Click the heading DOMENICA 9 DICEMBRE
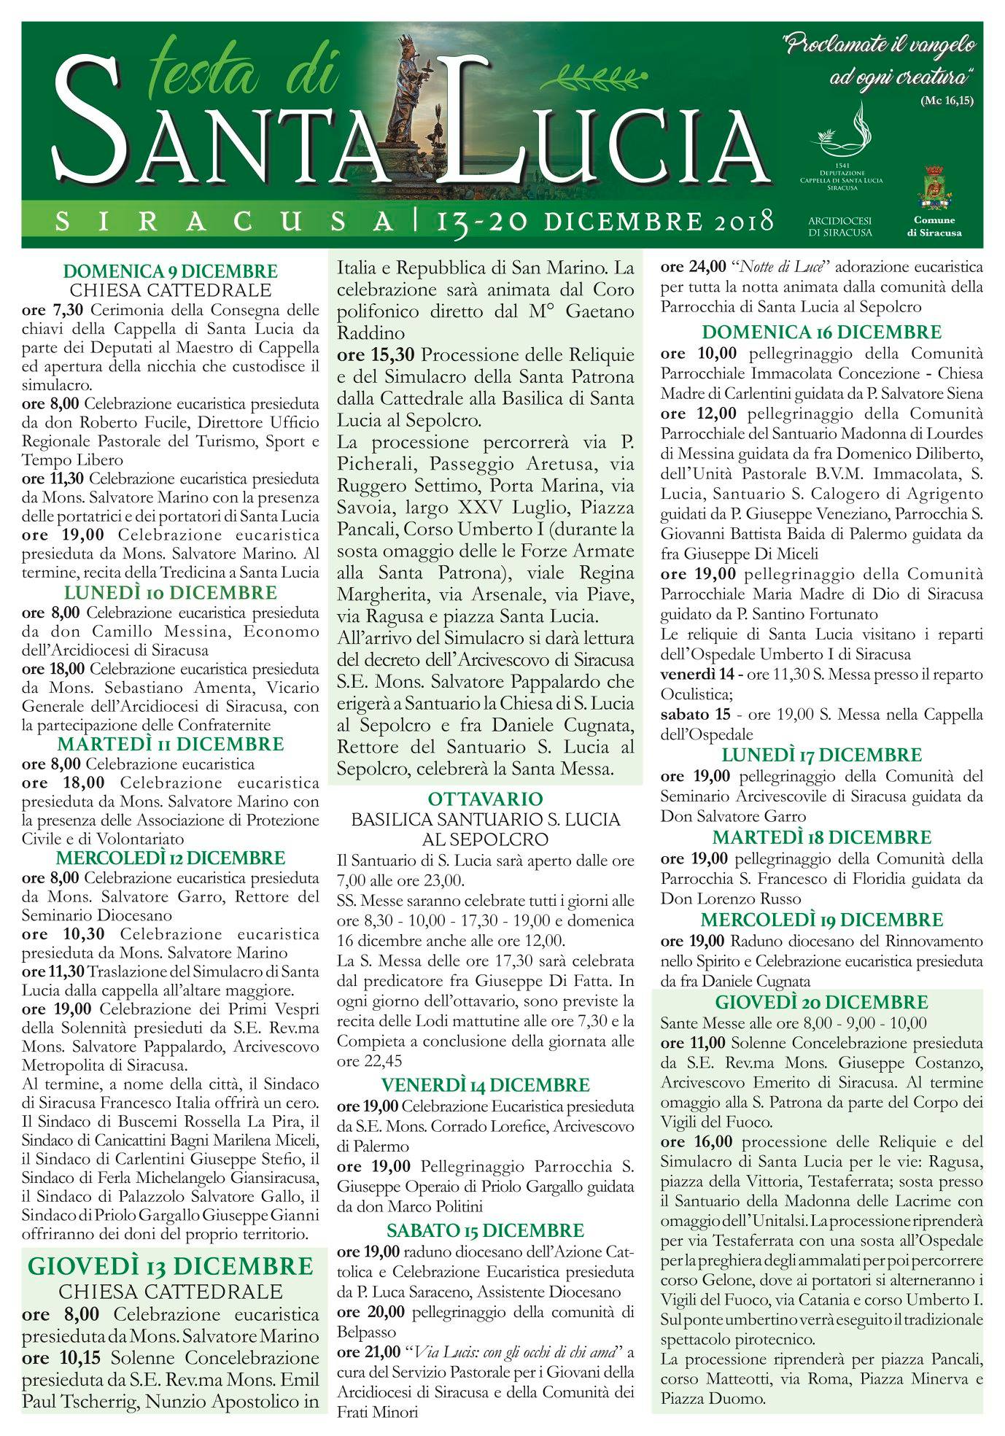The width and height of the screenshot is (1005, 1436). click(x=170, y=271)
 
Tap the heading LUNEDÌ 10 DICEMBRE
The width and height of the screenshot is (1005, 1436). click(x=170, y=591)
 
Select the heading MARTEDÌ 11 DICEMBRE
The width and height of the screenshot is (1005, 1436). click(x=170, y=745)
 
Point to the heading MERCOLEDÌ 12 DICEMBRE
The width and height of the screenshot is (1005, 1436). click(x=170, y=858)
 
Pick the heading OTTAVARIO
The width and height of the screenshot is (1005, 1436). click(x=485, y=799)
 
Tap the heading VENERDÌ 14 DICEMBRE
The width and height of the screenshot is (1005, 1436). click(x=485, y=1084)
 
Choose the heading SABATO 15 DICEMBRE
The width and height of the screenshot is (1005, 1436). click(x=485, y=1231)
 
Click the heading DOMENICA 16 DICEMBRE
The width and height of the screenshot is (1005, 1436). click(x=821, y=333)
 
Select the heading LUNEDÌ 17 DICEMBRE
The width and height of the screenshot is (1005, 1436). click(x=821, y=754)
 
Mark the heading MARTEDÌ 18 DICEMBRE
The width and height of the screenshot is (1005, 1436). click(x=821, y=837)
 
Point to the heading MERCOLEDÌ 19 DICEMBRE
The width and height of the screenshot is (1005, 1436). click(x=821, y=919)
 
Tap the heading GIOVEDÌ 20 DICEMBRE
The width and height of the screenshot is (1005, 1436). click(x=821, y=1001)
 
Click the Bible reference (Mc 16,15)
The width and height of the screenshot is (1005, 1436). click(x=955, y=99)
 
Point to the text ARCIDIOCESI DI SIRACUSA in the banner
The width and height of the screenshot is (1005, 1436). click(x=840, y=225)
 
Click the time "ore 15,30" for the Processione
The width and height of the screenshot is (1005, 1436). click(x=376, y=355)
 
